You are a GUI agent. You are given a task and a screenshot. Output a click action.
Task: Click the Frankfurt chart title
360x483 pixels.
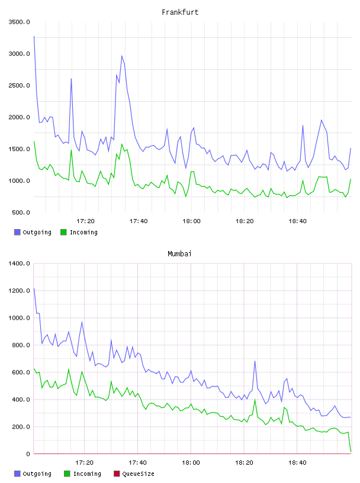(x=180, y=12)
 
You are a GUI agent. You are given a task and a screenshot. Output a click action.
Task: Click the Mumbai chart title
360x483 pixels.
(x=179, y=254)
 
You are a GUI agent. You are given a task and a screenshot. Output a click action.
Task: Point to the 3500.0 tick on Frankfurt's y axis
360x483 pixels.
(x=19, y=22)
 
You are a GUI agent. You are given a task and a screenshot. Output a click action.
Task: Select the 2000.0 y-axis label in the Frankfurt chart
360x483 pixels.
(x=19, y=117)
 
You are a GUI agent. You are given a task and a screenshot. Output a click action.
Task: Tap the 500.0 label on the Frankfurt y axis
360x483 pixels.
(x=21, y=212)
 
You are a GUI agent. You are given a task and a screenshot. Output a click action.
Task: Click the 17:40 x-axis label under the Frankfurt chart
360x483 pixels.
(x=139, y=221)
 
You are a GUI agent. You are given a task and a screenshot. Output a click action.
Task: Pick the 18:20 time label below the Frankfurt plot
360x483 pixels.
(x=245, y=221)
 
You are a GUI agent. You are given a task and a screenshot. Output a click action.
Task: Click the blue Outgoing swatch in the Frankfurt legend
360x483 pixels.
(x=17, y=232)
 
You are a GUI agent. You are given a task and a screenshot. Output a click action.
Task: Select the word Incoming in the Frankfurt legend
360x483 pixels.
(x=83, y=232)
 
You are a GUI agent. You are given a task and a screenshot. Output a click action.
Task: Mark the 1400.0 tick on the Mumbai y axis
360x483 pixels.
(x=19, y=263)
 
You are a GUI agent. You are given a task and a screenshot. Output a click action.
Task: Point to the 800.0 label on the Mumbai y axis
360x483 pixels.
(x=21, y=345)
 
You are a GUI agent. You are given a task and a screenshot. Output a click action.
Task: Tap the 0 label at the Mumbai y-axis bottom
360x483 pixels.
(x=28, y=454)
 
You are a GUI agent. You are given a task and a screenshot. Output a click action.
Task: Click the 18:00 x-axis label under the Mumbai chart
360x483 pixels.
(x=191, y=462)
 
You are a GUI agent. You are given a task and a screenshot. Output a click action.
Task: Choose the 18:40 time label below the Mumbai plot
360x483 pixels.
(x=297, y=462)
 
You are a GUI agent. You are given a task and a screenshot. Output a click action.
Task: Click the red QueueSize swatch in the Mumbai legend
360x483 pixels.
(x=117, y=474)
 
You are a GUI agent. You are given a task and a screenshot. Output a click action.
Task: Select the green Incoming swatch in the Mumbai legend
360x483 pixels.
(x=67, y=474)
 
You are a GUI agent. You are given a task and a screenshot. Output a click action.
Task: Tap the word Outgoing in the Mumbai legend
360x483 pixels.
(x=37, y=474)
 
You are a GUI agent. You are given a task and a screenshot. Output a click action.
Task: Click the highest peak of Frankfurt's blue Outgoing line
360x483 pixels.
(x=34, y=36)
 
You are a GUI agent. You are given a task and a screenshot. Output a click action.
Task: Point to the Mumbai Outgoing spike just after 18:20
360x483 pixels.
(x=255, y=361)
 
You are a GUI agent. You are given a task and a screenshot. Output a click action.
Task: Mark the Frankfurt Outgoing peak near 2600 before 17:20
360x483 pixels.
(x=71, y=79)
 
